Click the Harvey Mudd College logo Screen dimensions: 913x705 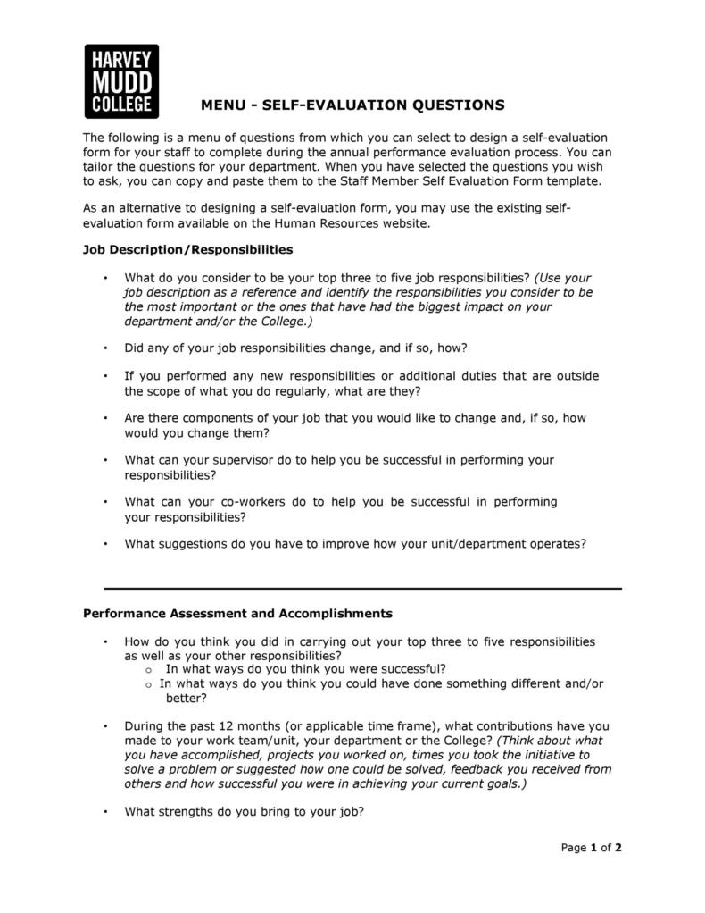click(x=121, y=81)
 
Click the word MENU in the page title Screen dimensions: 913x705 click(x=221, y=105)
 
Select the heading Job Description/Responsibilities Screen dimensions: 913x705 click(x=188, y=249)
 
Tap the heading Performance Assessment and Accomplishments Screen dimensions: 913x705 click(x=237, y=614)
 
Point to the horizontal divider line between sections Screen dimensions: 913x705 click(x=362, y=589)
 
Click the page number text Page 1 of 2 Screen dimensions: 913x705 click(x=591, y=848)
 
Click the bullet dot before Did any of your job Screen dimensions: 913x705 click(x=105, y=348)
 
